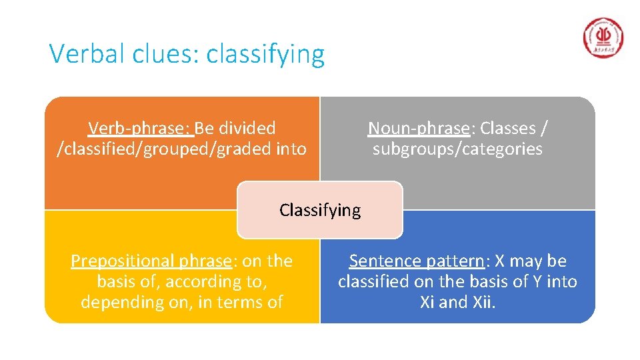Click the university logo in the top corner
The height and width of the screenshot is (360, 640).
[x=603, y=39]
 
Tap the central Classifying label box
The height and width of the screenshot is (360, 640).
[x=320, y=210]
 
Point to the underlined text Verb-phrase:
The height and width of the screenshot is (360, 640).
[x=140, y=127]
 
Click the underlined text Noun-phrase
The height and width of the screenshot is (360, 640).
[x=419, y=127]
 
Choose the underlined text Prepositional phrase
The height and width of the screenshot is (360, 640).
[x=151, y=261]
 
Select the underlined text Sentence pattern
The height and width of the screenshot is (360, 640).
[x=417, y=261]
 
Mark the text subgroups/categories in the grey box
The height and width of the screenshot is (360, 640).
[x=457, y=148]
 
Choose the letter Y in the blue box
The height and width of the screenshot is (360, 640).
[x=535, y=281]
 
